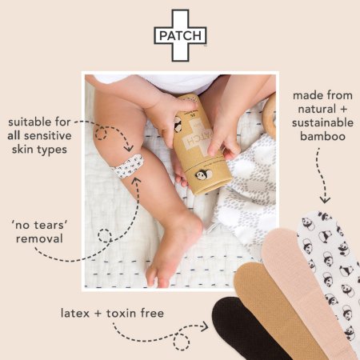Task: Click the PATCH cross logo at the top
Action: pos(180,35)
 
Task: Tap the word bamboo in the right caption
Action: pos(322,136)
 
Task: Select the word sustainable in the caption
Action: pos(322,122)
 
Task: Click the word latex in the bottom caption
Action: pos(75,313)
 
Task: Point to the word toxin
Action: pos(122,313)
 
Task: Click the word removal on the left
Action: pos(39,238)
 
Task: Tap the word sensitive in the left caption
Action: pos(47,136)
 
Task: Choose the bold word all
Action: pos(14,136)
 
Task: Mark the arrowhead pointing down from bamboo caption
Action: pos(325,200)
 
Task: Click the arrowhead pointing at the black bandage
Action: pos(205,326)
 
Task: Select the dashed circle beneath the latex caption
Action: pos(182,342)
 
